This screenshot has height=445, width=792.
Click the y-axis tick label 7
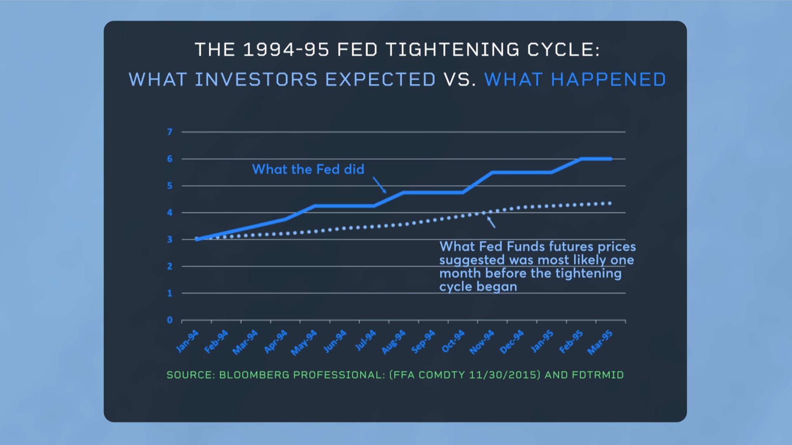coord(170,132)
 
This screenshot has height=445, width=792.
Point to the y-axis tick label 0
coord(170,320)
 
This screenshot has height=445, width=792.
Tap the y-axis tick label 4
coord(170,213)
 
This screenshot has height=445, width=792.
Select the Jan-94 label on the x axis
coord(187,341)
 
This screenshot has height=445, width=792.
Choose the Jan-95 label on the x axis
coord(542,341)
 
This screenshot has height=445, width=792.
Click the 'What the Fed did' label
coord(308,169)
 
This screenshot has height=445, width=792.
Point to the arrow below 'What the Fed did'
coord(379,185)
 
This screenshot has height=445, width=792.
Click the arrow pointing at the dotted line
coord(491,222)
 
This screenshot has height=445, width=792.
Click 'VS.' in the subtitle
coord(460,80)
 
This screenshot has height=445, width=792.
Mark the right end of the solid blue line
coord(610,159)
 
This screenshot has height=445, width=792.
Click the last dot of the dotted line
coord(610,203)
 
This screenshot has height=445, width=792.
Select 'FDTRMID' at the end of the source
coord(598,375)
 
